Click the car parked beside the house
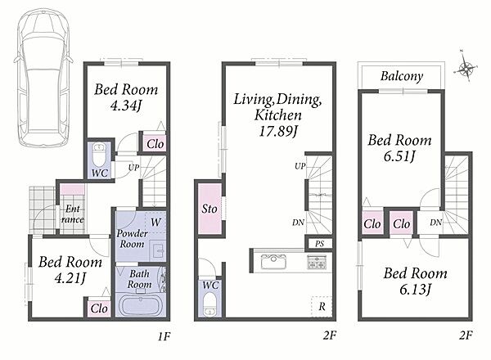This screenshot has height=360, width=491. pyautogui.click(x=43, y=78)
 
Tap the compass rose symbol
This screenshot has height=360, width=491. pyautogui.click(x=466, y=68)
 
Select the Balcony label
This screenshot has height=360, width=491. pyautogui.click(x=402, y=76)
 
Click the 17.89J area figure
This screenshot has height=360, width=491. pyautogui.click(x=277, y=131)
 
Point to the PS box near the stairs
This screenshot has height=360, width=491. pyautogui.click(x=319, y=244)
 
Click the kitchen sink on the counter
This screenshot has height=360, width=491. pyautogui.click(x=273, y=262)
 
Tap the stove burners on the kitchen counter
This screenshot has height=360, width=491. pyautogui.click(x=317, y=262)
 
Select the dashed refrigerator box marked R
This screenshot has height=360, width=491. pyautogui.click(x=322, y=307)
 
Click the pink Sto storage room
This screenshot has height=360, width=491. pyautogui.click(x=209, y=209)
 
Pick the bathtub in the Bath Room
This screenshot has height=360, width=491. pyautogui.click(x=140, y=305)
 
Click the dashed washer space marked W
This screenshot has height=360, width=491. pyautogui.click(x=155, y=222)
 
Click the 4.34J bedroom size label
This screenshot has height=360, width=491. pyautogui.click(x=126, y=106)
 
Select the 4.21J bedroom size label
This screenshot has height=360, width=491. pyautogui.click(x=70, y=278)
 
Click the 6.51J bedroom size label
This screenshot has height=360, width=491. pyautogui.click(x=399, y=156)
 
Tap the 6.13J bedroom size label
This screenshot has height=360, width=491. pyautogui.click(x=415, y=290)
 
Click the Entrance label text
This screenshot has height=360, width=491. pyautogui.click(x=73, y=214)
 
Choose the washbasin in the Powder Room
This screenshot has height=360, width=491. pyautogui.click(x=157, y=250)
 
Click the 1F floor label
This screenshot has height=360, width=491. pyautogui.click(x=164, y=336)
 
